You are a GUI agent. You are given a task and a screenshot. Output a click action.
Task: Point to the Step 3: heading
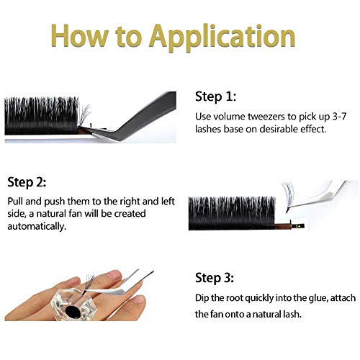pos(217,276)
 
